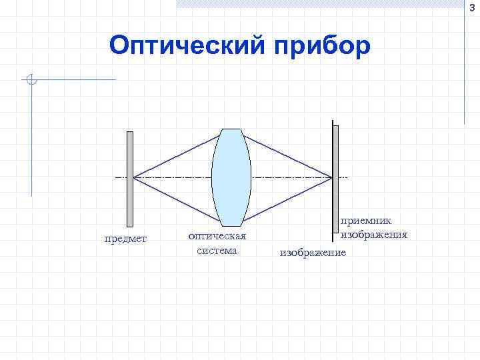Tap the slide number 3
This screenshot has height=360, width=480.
tap(473, 6)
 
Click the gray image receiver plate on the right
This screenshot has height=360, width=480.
tap(335, 180)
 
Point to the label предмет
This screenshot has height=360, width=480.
tap(126, 239)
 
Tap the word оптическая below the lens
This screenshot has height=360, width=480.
tap(217, 236)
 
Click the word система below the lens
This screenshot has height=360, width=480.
tap(217, 251)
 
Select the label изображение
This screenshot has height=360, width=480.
tap(313, 253)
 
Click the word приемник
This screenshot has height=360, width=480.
tap(367, 220)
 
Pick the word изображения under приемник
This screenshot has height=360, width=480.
tap(374, 234)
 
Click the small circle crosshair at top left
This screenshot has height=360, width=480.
tap(31, 81)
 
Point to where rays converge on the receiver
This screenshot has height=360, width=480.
tap(331, 178)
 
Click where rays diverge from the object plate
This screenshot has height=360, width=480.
tap(134, 178)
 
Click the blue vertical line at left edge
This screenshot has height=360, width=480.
tap(31, 140)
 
